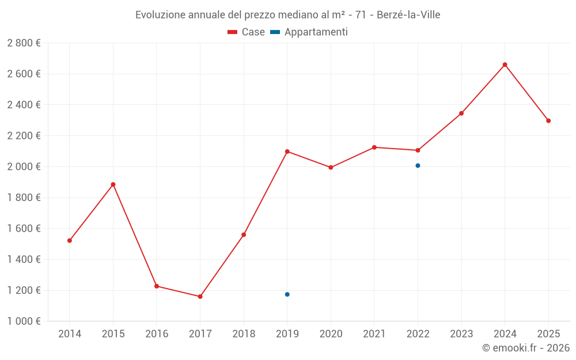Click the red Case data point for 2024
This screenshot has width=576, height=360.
pyautogui.click(x=505, y=65)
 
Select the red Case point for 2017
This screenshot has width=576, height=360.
pyautogui.click(x=200, y=297)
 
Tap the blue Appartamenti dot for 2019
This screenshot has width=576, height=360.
pyautogui.click(x=287, y=294)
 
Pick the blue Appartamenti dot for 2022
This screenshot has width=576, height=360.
pyautogui.click(x=418, y=166)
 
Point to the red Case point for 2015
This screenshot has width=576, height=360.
pyautogui.click(x=113, y=184)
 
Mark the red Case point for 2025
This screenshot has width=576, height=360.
pyautogui.click(x=548, y=121)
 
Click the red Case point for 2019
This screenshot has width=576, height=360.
pyautogui.click(x=287, y=151)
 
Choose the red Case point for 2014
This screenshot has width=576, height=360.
pyautogui.click(x=70, y=241)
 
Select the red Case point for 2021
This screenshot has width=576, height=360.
pyautogui.click(x=374, y=147)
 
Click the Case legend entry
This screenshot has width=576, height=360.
pyautogui.click(x=246, y=32)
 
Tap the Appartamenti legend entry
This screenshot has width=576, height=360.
pyautogui.click(x=309, y=32)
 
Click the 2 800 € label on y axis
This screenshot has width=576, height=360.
pyautogui.click(x=24, y=43)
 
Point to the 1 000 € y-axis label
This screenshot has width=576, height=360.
pyautogui.click(x=24, y=321)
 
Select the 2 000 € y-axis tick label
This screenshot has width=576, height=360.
pyautogui.click(x=24, y=167)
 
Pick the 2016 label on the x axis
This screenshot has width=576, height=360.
pyautogui.click(x=157, y=334)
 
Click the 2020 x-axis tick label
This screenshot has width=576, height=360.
pyautogui.click(x=331, y=334)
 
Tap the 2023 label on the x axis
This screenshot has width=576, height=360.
pyautogui.click(x=461, y=334)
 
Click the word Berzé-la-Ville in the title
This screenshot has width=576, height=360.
pyautogui.click(x=408, y=15)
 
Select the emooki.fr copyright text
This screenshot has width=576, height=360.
pyautogui.click(x=526, y=348)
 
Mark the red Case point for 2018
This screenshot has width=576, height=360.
pyautogui.click(x=244, y=235)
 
